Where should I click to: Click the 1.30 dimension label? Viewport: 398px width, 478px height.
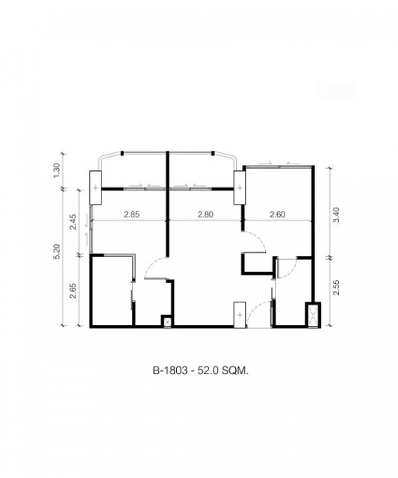[57, 171]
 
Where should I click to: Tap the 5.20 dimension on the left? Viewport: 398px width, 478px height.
[57, 252]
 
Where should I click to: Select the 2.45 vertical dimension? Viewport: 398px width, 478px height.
[73, 222]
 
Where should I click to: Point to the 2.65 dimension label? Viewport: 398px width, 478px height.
[73, 291]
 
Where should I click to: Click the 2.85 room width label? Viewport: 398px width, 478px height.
[131, 214]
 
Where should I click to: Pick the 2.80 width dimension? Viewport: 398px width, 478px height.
[205, 214]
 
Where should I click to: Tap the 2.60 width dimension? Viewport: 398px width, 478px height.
[278, 214]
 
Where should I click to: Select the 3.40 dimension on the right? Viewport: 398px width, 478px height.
[336, 215]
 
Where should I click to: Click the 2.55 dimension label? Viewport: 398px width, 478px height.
[336, 287]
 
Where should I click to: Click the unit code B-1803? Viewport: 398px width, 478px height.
[170, 370]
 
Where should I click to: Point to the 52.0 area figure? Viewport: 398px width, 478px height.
[208, 370]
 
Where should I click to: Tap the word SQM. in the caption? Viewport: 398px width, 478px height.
[235, 370]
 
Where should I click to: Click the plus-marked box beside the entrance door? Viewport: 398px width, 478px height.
[240, 315]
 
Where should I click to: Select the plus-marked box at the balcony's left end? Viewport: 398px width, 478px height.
[96, 187]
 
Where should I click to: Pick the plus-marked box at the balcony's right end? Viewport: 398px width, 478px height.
[240, 187]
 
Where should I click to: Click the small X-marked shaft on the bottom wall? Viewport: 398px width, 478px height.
[167, 322]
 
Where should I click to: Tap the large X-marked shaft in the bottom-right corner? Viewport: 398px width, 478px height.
[313, 315]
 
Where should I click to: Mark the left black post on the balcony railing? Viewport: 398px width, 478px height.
[122, 153]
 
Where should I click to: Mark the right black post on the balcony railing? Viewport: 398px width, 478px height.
[213, 153]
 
